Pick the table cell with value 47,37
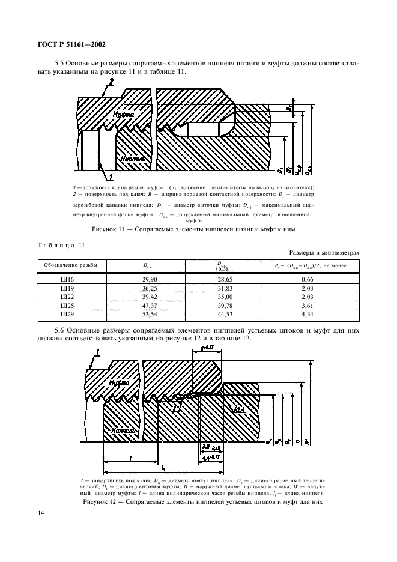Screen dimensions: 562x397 click(x=142, y=305)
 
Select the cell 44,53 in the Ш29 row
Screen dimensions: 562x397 click(x=223, y=313)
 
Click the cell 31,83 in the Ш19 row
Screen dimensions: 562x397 click(x=223, y=288)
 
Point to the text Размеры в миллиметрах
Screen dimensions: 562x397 click(x=324, y=253)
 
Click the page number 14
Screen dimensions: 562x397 click(x=41, y=512)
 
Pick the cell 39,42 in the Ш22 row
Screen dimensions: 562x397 click(x=142, y=297)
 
